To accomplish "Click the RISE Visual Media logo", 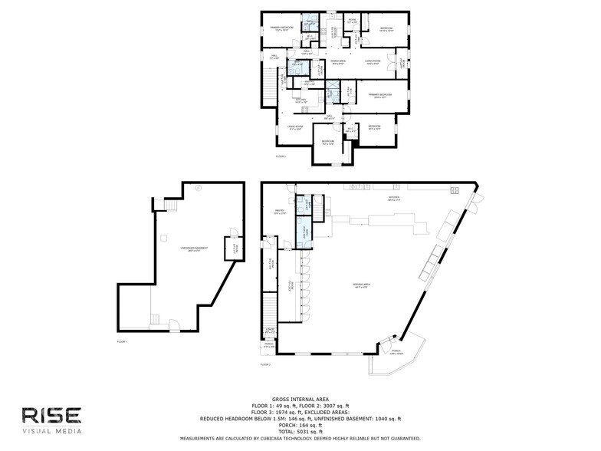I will coord(51,420).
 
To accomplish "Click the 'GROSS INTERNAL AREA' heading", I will coord(300,400).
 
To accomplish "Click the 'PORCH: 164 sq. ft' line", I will coord(300,424).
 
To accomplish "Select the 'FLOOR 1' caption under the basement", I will coord(122,341).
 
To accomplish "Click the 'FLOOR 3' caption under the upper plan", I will coord(281,156).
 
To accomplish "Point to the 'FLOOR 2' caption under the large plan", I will coord(266,364).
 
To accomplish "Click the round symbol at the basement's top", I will coord(197,188).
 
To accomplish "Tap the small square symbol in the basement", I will coord(163,236).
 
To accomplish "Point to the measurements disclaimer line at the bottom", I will coord(300,438).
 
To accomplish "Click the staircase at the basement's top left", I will coord(171,206).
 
